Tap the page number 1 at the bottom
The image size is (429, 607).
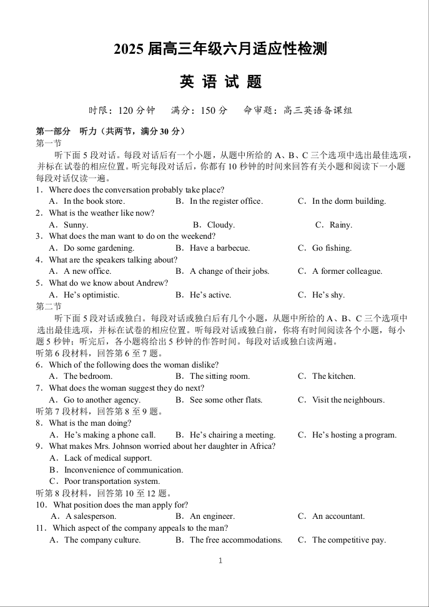point(220,561)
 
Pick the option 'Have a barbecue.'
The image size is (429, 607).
point(219,248)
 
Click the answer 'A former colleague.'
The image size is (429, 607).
point(347,271)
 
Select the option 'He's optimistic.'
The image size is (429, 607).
point(91,295)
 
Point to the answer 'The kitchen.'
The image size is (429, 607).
point(333,376)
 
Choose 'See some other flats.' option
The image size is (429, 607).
point(225,400)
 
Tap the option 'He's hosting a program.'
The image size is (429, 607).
point(354,435)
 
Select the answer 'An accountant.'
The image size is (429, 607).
point(338,516)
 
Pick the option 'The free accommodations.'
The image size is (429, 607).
point(235,540)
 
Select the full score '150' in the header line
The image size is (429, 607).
point(209,111)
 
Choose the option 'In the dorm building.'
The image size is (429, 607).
point(348,201)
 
